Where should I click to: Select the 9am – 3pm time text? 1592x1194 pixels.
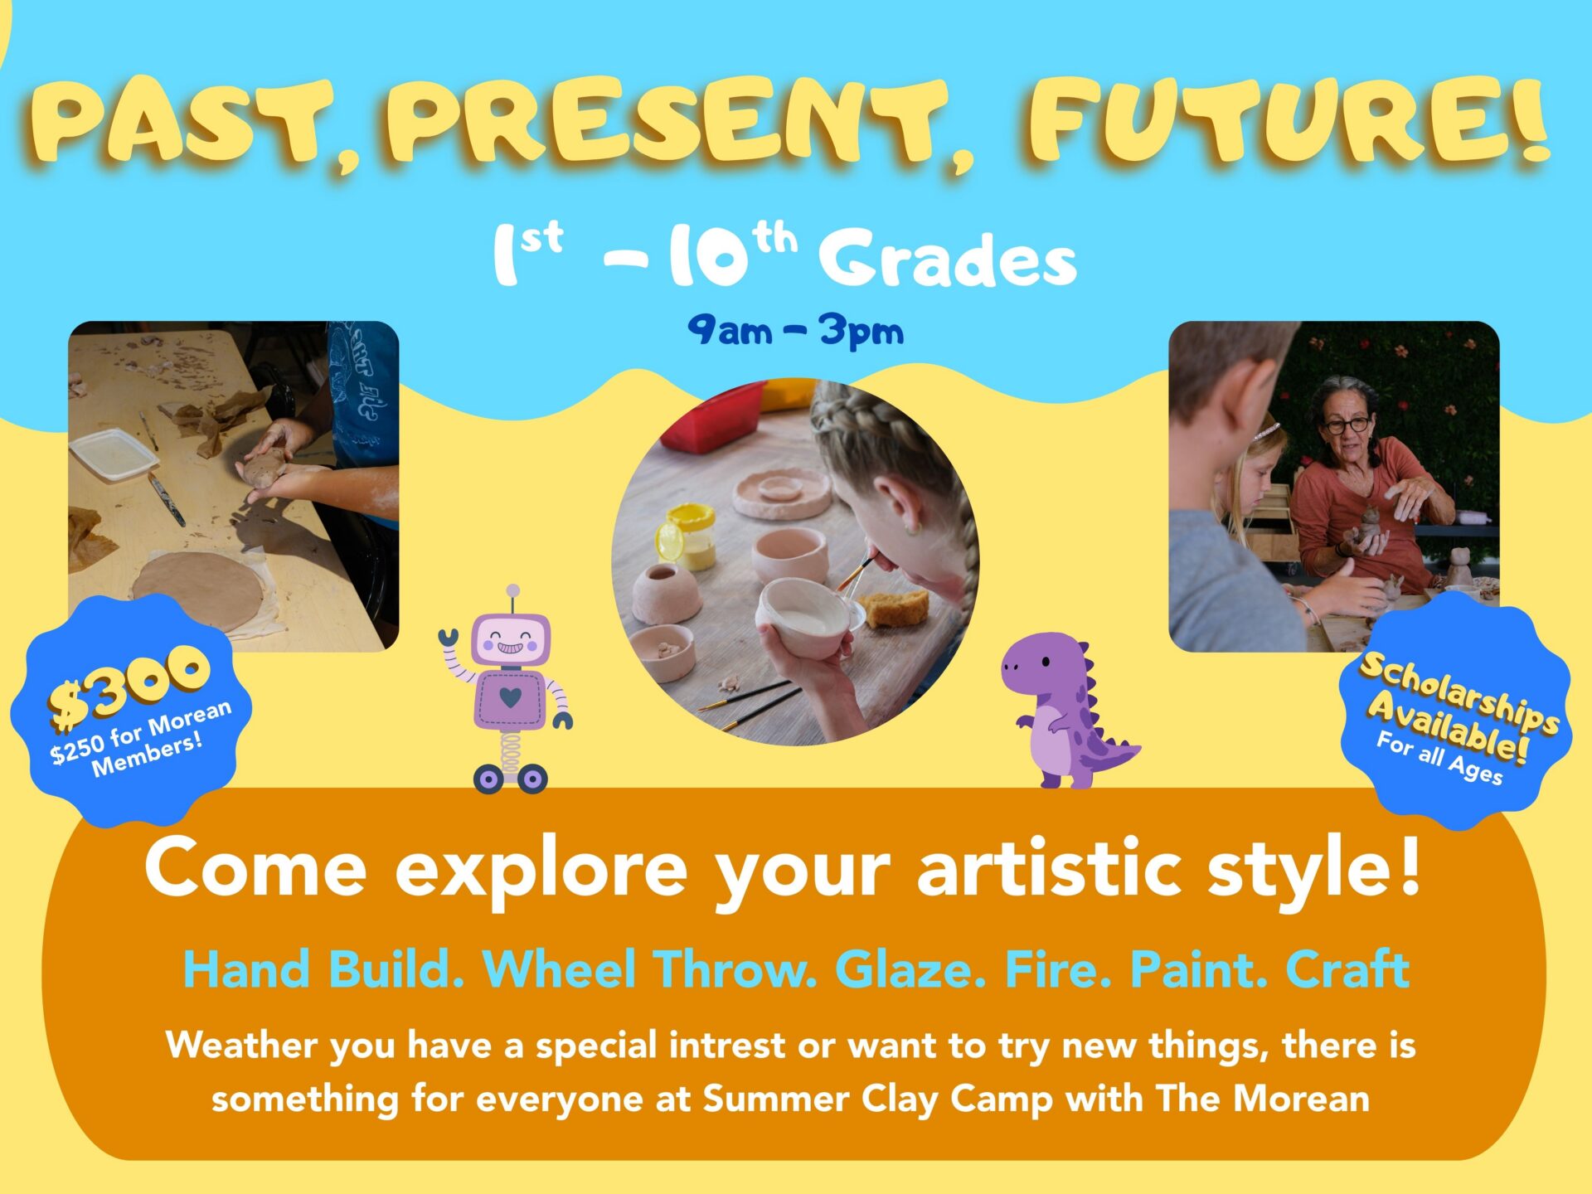coord(795,331)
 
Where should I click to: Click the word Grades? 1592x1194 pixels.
coord(948,259)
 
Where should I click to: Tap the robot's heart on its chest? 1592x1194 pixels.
coord(511,697)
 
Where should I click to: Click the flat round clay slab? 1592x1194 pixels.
coord(198,591)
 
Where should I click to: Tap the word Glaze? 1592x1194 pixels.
coord(910,968)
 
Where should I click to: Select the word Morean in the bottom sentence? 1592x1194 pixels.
coord(1301,1099)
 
